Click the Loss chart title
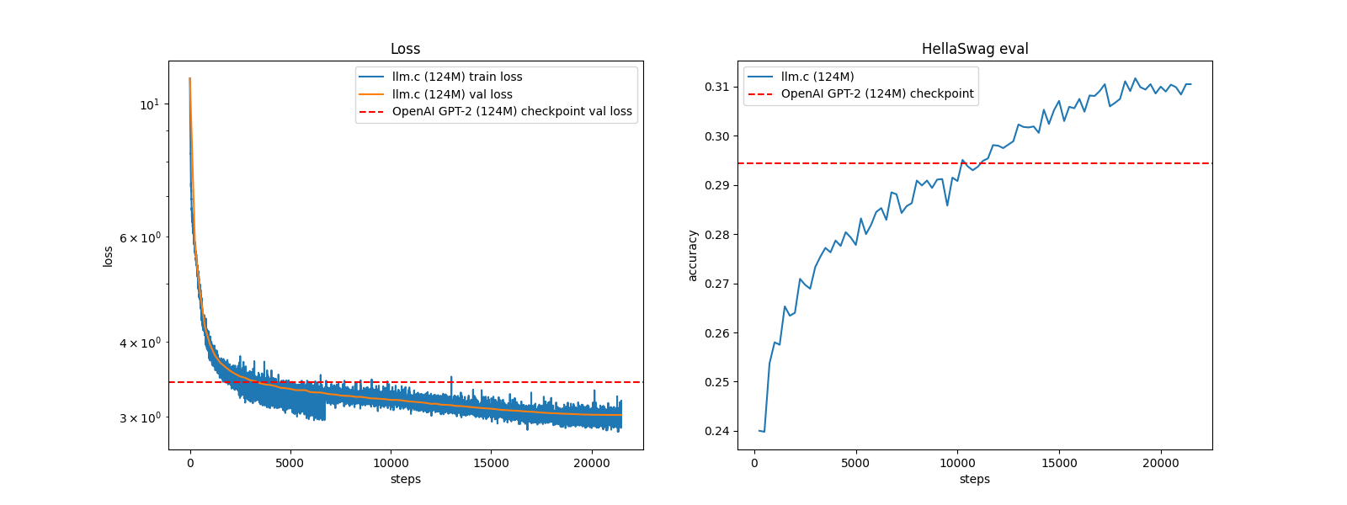coord(405,49)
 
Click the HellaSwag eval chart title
coord(975,49)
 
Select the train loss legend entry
coord(457,77)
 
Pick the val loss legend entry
coord(452,94)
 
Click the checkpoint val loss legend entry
coord(512,111)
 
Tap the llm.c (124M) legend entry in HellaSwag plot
coord(817,77)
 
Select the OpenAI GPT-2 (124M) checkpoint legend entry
coord(876,93)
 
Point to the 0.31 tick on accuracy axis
coord(717,87)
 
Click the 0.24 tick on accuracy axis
coord(717,431)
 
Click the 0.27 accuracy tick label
coord(717,284)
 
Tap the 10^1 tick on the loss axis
coord(149,104)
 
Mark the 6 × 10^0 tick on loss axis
coord(139,238)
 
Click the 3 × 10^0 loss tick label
coord(139,417)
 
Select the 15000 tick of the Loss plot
coord(491,463)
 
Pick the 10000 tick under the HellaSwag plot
coord(957,463)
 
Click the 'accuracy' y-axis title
coord(693,255)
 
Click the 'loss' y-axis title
coord(108,256)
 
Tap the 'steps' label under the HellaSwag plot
coord(974,479)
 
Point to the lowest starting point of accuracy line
coord(764,432)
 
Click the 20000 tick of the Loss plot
coord(591,463)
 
